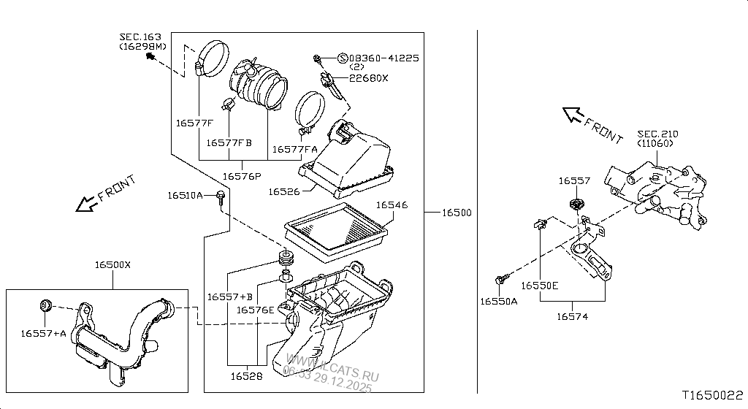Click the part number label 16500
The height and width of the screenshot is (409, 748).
click(456, 213)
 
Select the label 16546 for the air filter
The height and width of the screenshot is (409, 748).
click(392, 205)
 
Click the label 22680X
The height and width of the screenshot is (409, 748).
click(368, 78)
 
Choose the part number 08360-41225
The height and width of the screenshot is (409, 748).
click(383, 58)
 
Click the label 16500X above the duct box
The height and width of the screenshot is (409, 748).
click(112, 264)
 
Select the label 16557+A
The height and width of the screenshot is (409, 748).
click(42, 333)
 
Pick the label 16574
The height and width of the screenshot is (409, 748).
click(573, 316)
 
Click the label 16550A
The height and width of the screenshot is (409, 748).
click(498, 301)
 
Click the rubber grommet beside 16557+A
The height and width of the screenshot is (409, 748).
click(45, 305)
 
